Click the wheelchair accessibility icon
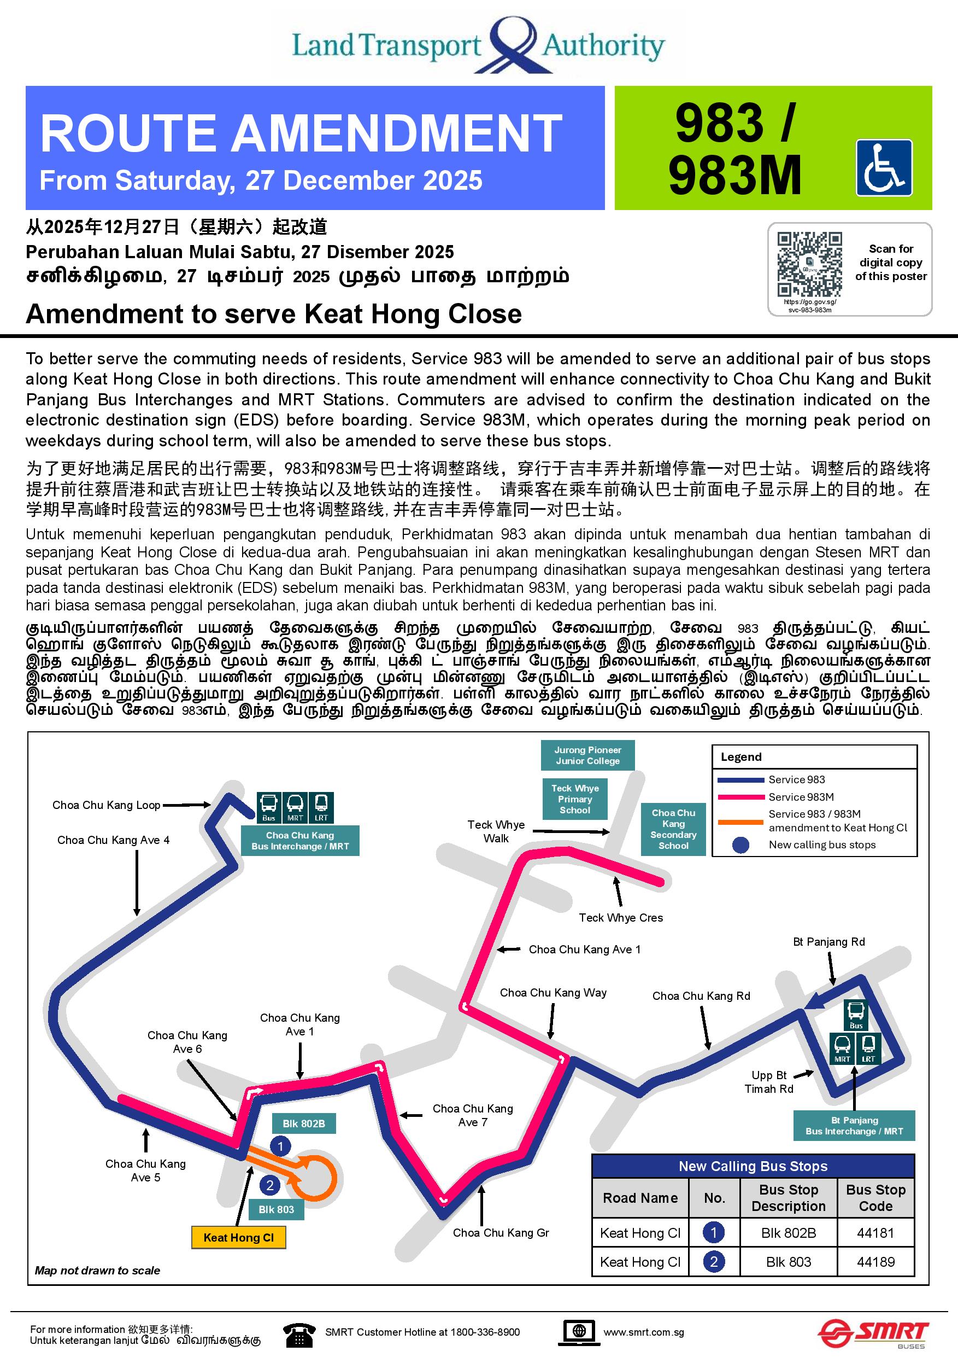[x=884, y=168]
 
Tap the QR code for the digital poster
[x=809, y=264]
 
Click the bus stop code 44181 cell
[x=875, y=1233]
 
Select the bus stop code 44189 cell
[x=875, y=1262]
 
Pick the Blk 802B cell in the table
[x=788, y=1233]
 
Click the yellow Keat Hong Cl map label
[x=239, y=1238]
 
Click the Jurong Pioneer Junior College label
[x=587, y=755]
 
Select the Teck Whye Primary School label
[x=575, y=799]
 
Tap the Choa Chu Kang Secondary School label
[x=673, y=829]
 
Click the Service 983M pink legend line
[x=740, y=797]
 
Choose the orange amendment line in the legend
[x=740, y=822]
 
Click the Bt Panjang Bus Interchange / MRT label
[x=854, y=1125]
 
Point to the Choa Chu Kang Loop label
[x=107, y=805]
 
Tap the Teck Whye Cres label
[x=621, y=917]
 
